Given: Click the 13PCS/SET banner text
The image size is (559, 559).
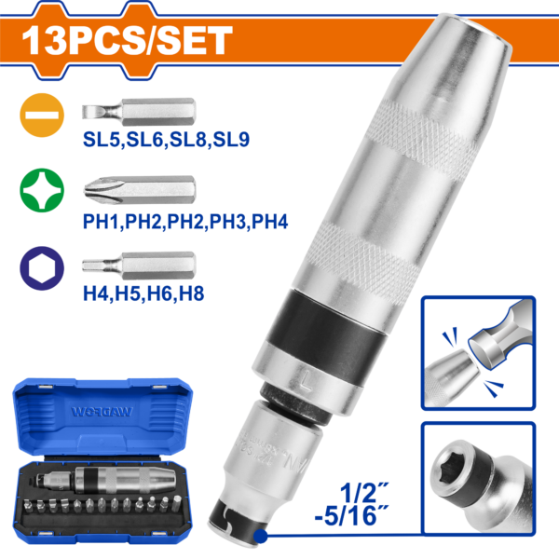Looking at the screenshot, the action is [128, 40].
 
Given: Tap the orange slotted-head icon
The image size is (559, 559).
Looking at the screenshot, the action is [42, 116].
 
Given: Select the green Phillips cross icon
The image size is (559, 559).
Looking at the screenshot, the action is [42, 190].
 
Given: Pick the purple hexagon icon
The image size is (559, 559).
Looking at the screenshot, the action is [42, 268].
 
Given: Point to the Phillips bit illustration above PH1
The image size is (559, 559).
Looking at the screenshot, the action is [140, 190].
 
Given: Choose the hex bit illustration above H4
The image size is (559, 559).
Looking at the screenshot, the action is [139, 266].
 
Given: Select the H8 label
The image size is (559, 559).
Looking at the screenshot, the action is [191, 293].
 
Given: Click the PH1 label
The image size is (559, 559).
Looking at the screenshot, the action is [102, 222].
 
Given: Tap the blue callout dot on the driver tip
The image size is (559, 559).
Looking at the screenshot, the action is [260, 536].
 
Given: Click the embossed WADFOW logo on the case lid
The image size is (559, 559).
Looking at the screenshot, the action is [102, 412].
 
